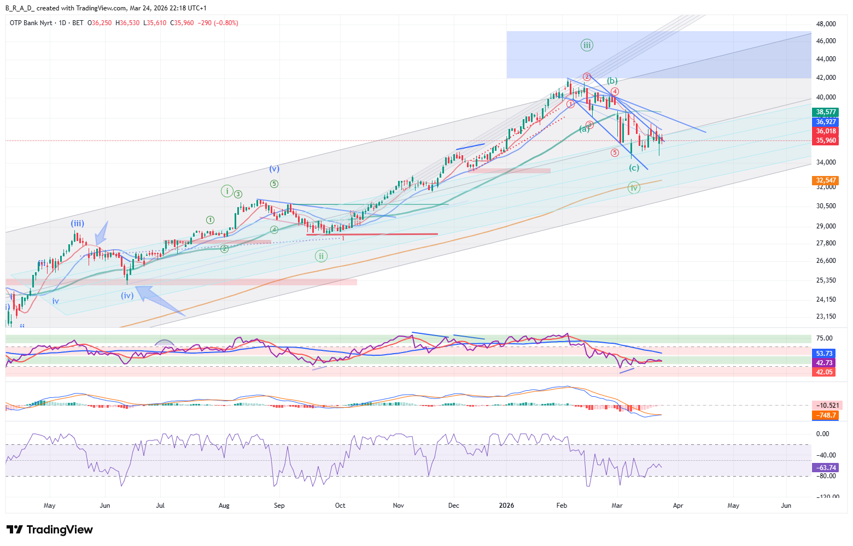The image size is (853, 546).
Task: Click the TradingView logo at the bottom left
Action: (49, 530)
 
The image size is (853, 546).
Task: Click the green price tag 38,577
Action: (826, 112)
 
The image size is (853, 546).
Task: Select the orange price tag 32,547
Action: (826, 180)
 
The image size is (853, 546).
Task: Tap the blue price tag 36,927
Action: (826, 122)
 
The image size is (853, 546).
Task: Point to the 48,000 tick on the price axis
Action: (826, 24)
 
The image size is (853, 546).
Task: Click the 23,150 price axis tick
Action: (826, 316)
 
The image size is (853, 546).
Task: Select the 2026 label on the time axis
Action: (506, 506)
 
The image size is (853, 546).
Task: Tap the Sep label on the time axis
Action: (279, 506)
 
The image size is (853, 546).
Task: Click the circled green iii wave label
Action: (587, 45)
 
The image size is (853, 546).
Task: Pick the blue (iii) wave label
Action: (77, 223)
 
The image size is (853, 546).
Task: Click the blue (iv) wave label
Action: (127, 295)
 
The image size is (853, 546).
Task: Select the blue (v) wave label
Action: (274, 169)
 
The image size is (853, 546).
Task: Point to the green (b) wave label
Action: (612, 81)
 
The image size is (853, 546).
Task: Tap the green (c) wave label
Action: (634, 168)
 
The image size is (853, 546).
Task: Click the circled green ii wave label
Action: (321, 256)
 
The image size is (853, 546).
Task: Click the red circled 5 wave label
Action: (615, 153)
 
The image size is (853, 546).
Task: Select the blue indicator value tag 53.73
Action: (824, 354)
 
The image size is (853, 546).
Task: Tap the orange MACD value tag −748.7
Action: (826, 415)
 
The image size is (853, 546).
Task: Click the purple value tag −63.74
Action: (826, 468)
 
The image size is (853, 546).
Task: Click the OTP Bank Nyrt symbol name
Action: (31, 23)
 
